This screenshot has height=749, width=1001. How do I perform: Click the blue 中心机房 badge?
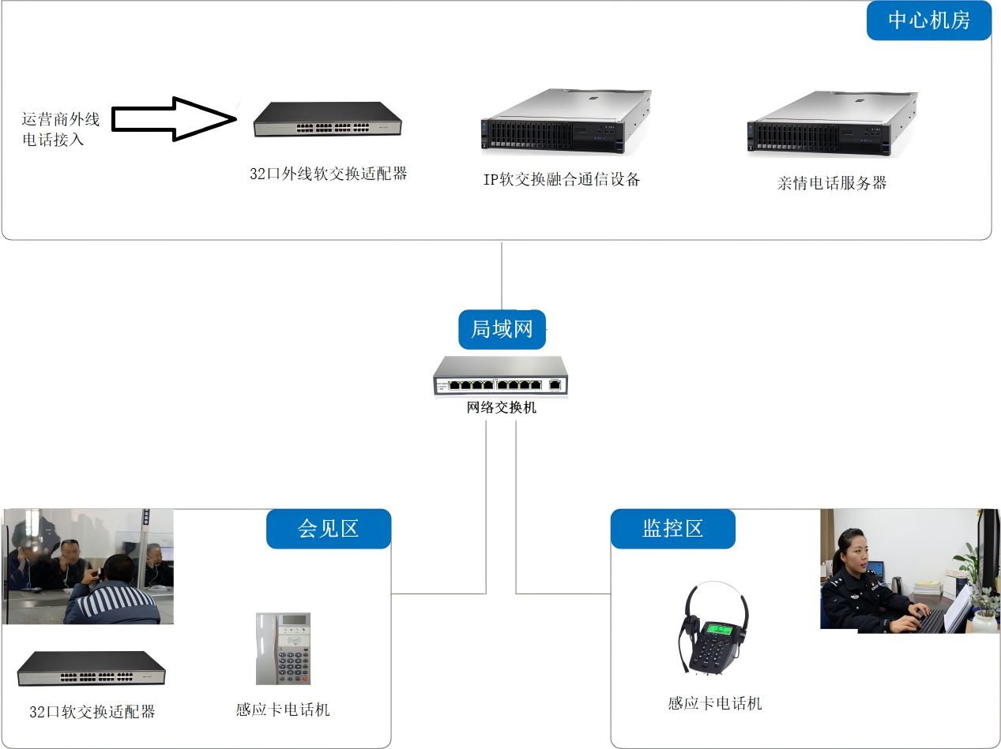(x=928, y=21)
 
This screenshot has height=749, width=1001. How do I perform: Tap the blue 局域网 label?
(x=502, y=329)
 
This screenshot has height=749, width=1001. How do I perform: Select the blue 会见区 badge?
(x=328, y=528)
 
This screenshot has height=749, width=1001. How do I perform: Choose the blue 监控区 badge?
(x=672, y=528)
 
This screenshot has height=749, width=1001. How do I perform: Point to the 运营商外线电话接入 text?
(x=61, y=129)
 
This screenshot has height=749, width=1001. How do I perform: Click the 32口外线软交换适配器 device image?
(x=327, y=120)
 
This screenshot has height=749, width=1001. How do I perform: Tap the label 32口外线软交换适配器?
(x=329, y=174)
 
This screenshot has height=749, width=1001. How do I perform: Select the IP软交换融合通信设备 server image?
(x=566, y=121)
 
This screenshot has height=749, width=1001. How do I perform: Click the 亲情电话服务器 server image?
(x=833, y=123)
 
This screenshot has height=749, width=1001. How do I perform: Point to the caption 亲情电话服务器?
(x=832, y=183)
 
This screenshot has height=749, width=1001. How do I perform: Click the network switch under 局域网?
(x=501, y=376)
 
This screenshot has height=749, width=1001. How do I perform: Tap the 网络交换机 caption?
(x=502, y=408)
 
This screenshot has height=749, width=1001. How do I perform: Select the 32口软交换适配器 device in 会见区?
(x=92, y=669)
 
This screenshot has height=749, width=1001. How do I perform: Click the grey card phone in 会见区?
(x=284, y=649)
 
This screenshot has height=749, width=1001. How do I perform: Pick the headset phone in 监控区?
(x=713, y=631)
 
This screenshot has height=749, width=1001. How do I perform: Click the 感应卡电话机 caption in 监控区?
(x=715, y=703)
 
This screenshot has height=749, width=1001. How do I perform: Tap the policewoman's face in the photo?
(x=854, y=551)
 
